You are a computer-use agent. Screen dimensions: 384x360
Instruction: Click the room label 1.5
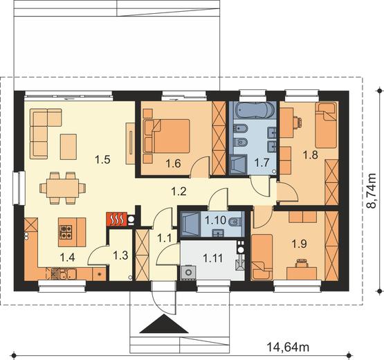(x=102, y=160)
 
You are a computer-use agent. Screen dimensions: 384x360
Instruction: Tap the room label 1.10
(x=215, y=220)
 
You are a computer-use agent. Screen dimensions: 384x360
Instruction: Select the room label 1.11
(x=213, y=258)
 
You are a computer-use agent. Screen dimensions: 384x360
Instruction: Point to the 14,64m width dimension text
(x=288, y=347)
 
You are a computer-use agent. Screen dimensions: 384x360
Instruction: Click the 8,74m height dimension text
(x=372, y=191)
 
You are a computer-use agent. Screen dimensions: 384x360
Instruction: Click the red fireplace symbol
(x=117, y=219)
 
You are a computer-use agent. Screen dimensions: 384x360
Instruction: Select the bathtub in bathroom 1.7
(x=253, y=110)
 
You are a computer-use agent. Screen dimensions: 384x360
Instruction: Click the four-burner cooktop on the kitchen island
(x=66, y=232)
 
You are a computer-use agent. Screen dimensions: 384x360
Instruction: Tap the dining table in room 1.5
(x=63, y=188)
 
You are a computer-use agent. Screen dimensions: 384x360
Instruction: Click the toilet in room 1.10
(x=235, y=222)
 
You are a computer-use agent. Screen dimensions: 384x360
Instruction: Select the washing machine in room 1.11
(x=188, y=272)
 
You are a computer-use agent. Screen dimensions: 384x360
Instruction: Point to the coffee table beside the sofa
(x=68, y=147)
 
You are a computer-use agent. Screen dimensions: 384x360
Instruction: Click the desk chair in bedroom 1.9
(x=302, y=263)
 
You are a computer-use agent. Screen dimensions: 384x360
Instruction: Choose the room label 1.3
(x=120, y=255)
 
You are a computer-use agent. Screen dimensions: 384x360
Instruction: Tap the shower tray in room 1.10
(x=190, y=224)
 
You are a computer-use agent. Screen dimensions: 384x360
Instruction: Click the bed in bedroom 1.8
(x=326, y=125)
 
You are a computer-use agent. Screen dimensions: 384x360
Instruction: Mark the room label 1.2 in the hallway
(x=179, y=191)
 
